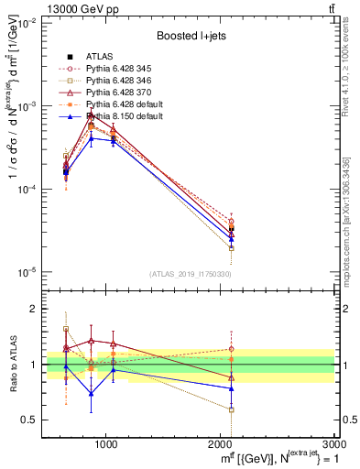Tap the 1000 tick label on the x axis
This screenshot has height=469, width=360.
106,442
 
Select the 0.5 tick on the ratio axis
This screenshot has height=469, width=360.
29,420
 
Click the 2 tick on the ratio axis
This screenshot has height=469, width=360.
33,310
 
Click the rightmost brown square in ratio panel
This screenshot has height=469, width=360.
231,409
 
